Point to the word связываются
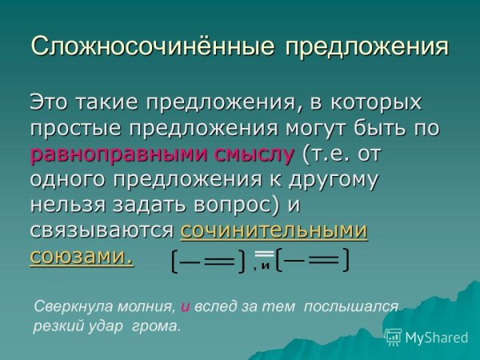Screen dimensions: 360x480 [102, 230]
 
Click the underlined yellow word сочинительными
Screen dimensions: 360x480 [274, 230]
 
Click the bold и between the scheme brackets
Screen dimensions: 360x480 [264, 266]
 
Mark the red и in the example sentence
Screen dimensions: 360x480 [185, 306]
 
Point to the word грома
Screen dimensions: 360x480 [161, 326]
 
